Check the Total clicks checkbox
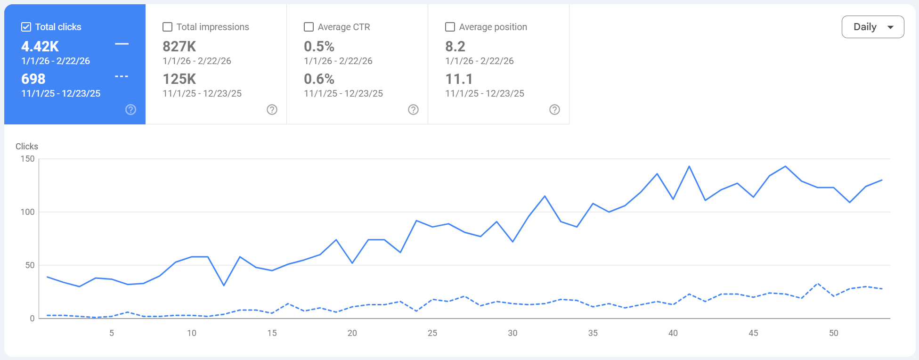pyautogui.click(x=26, y=27)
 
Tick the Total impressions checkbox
pyautogui.click(x=167, y=27)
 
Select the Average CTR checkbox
pyautogui.click(x=309, y=27)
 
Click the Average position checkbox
pyautogui.click(x=450, y=27)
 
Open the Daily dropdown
pyautogui.click(x=872, y=27)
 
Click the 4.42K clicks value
pyautogui.click(x=40, y=47)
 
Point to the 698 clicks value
pyautogui.click(x=33, y=79)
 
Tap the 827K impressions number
pyautogui.click(x=179, y=47)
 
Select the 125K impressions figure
pyautogui.click(x=179, y=79)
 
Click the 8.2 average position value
pyautogui.click(x=455, y=47)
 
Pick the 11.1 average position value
pyautogui.click(x=459, y=79)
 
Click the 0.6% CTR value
pyautogui.click(x=319, y=79)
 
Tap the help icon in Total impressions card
pyautogui.click(x=272, y=110)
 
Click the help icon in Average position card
pyautogui.click(x=554, y=110)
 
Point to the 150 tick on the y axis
pyautogui.click(x=27, y=159)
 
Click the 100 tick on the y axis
pyautogui.click(x=27, y=212)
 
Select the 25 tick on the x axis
pyautogui.click(x=432, y=333)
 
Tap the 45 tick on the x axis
pyautogui.click(x=753, y=333)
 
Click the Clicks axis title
pyautogui.click(x=27, y=147)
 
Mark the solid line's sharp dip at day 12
pyautogui.click(x=224, y=285)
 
